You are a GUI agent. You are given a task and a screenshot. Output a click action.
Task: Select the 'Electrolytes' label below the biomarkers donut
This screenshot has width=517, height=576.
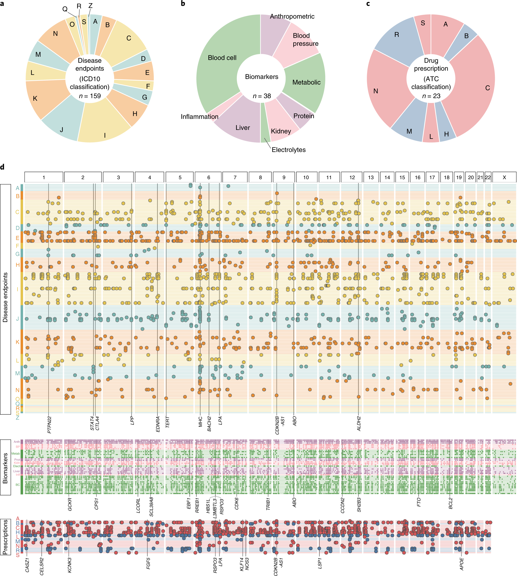click(288, 150)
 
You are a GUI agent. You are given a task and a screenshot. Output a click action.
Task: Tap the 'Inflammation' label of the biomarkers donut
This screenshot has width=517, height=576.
click(199, 117)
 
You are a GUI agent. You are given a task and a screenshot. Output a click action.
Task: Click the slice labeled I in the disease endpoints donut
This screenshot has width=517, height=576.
click(105, 135)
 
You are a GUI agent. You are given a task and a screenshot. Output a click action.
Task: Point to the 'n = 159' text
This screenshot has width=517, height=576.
click(90, 96)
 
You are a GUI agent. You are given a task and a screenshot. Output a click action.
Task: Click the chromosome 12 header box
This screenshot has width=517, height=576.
click(352, 177)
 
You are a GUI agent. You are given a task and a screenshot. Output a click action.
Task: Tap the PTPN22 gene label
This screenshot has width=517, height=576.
click(49, 425)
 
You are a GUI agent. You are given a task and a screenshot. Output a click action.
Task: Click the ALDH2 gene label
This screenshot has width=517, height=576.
click(359, 424)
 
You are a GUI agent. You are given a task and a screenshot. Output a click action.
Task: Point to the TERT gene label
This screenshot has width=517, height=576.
click(167, 422)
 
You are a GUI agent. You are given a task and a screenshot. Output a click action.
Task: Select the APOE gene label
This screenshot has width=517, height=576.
click(462, 564)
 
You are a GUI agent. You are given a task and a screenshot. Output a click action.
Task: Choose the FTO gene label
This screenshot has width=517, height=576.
click(419, 502)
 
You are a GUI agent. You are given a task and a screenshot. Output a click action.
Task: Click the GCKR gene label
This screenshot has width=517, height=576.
click(70, 504)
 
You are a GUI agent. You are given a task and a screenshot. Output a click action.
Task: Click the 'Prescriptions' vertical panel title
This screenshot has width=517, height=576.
click(5, 537)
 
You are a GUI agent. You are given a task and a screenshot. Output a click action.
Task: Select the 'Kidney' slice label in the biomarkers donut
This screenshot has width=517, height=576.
click(281, 131)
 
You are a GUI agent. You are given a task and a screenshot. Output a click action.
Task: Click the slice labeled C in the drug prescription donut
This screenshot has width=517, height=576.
click(488, 88)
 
